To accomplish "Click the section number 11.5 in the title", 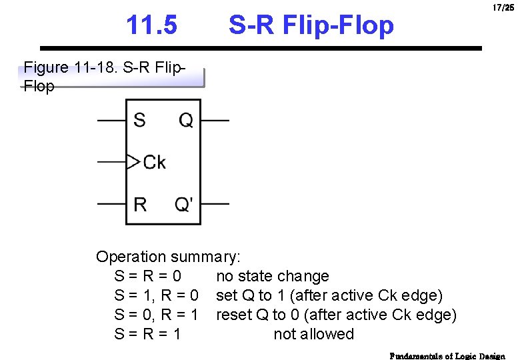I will click(x=151, y=25).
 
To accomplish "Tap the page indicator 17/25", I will click(x=503, y=9).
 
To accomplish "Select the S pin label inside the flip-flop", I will click(x=139, y=120).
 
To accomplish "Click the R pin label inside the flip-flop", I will click(x=140, y=204).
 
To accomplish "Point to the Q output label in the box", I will click(x=186, y=120).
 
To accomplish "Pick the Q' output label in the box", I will click(x=184, y=204).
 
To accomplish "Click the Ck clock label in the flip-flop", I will click(x=155, y=162).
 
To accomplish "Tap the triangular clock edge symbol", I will click(x=133, y=161).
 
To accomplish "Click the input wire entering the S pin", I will click(x=111, y=121).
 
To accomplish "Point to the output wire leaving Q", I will click(x=215, y=121).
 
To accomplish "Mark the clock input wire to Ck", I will click(x=111, y=161).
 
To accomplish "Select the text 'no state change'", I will click(x=272, y=276).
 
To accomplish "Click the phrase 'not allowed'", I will click(x=313, y=334).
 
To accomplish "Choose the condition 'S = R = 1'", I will click(x=147, y=334).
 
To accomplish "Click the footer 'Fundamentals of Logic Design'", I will click(x=447, y=356).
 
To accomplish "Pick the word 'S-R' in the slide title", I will click(x=253, y=25).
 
